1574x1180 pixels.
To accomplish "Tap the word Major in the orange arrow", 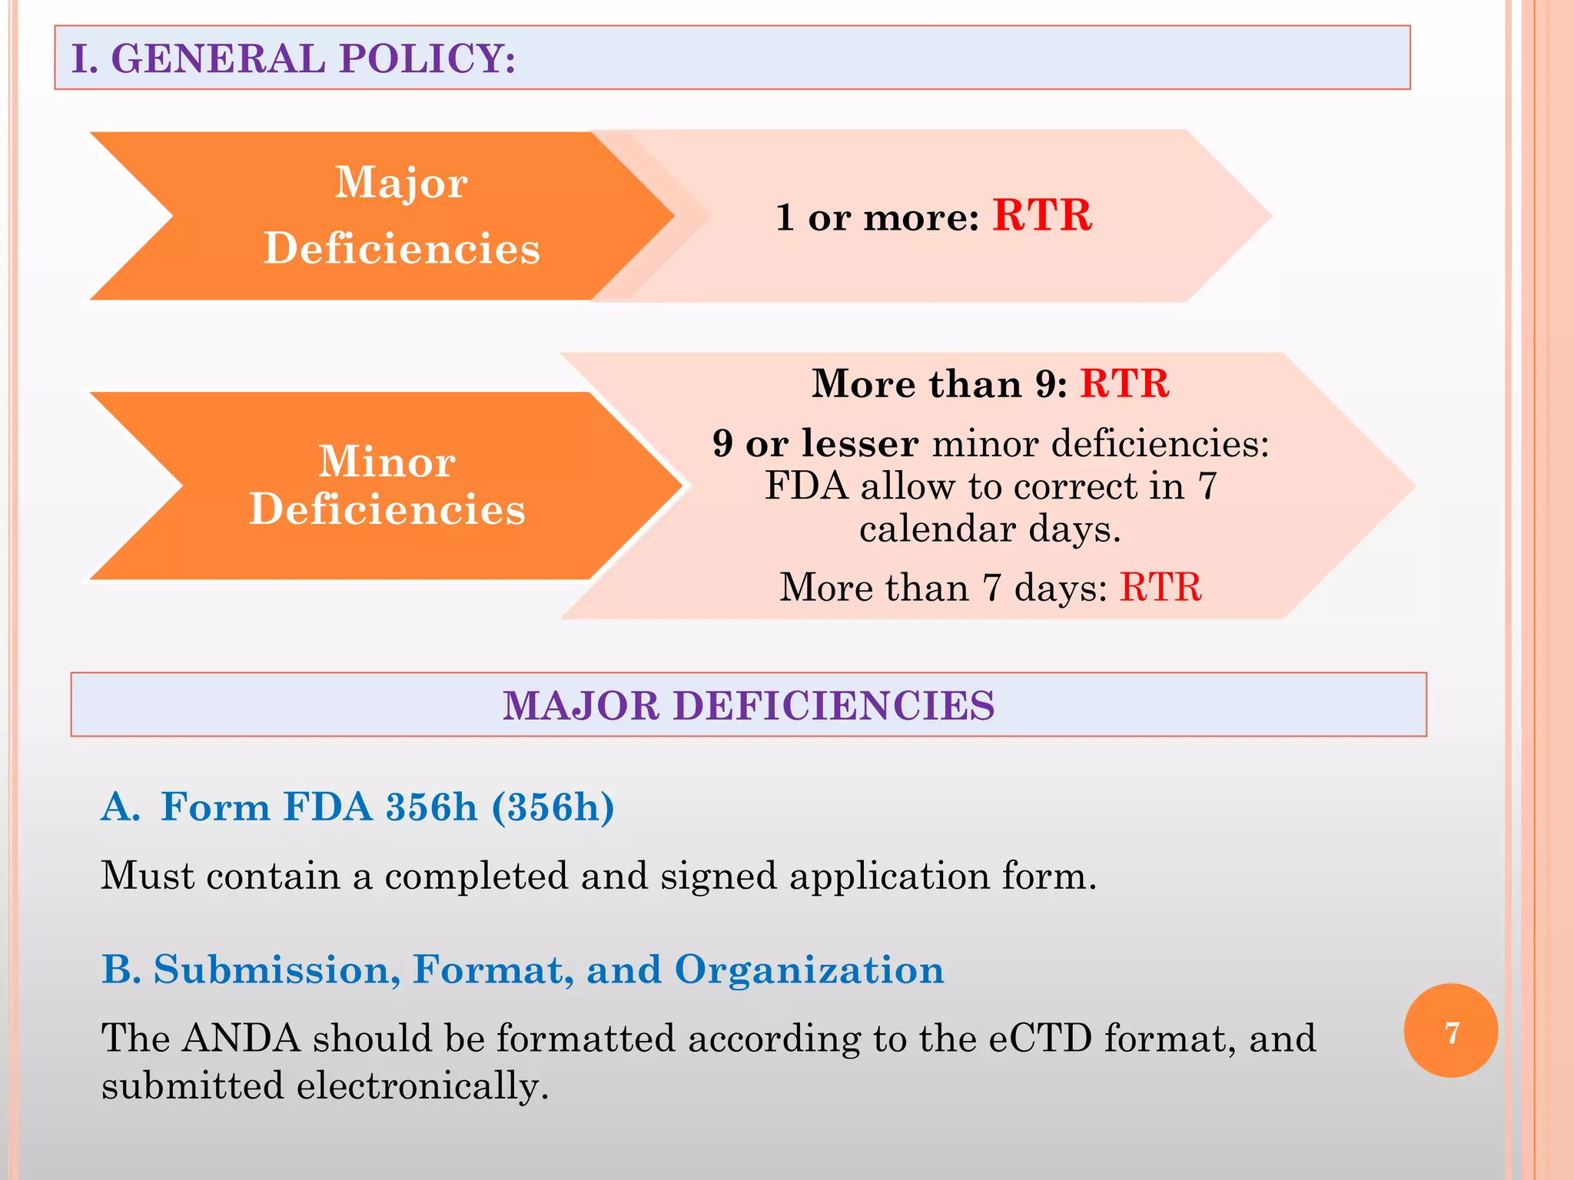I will tap(401, 183).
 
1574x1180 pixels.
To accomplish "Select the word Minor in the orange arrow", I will tap(387, 462).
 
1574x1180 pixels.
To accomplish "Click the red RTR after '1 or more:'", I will tap(1042, 215).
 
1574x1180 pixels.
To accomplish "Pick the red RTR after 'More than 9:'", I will tap(1124, 383).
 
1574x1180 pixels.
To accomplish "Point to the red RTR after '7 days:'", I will tap(1160, 588).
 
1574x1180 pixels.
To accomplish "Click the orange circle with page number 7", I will tap(1450, 1031).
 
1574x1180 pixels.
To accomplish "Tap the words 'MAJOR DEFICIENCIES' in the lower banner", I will tap(749, 705).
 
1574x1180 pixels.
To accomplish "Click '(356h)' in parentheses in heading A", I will tap(553, 807).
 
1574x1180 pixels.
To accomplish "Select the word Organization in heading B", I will tap(809, 970).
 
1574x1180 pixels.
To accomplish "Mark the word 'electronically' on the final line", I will tap(422, 1086).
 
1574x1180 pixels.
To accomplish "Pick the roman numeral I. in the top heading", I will tap(85, 58).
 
